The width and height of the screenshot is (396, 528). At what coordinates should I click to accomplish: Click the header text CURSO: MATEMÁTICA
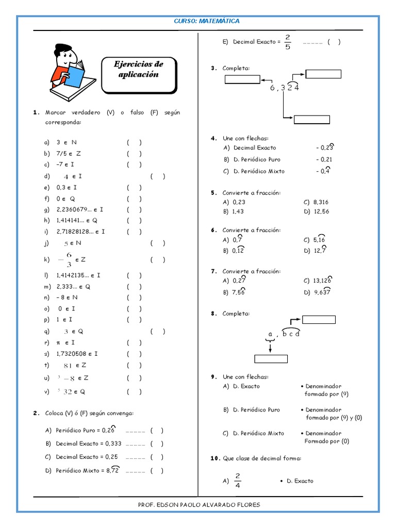tap(206, 21)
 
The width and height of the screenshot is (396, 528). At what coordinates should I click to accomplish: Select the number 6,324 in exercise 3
tap(284, 88)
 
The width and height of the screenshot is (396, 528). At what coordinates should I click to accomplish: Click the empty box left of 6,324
tap(242, 79)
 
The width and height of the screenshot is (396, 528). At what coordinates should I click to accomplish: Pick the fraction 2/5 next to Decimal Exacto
tap(288, 42)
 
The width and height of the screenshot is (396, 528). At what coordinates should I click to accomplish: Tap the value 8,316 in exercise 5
tap(320, 202)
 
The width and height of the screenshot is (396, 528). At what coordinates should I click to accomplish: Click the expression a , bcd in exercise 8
tap(284, 334)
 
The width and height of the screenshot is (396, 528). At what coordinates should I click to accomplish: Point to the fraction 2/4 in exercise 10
tap(238, 481)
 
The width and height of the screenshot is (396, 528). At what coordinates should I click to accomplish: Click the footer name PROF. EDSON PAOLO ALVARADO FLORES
tap(199, 505)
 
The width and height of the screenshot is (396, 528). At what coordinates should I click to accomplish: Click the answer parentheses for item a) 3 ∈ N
tap(134, 142)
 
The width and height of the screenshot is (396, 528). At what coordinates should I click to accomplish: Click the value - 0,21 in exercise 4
tap(324, 159)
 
